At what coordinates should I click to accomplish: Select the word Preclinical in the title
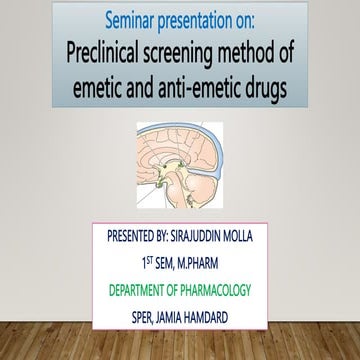111,56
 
